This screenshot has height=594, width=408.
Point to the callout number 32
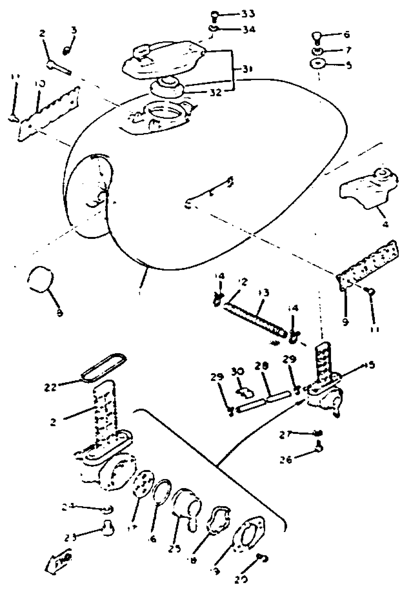pyautogui.click(x=215, y=93)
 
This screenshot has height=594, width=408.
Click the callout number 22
pyautogui.click(x=50, y=388)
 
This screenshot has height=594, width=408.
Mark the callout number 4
pyautogui.click(x=385, y=224)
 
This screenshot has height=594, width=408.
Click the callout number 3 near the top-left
pyautogui.click(x=74, y=31)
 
